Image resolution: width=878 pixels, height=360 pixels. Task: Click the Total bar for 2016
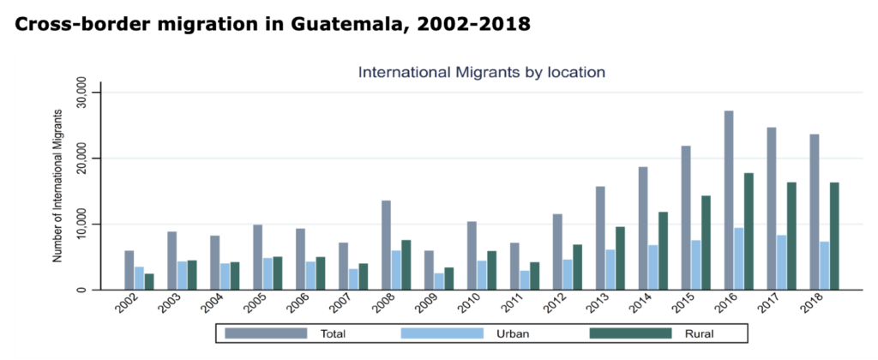[729, 201]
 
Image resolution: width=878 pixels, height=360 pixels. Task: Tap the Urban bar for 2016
[739, 259]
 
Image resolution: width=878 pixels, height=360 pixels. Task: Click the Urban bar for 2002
[139, 279]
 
